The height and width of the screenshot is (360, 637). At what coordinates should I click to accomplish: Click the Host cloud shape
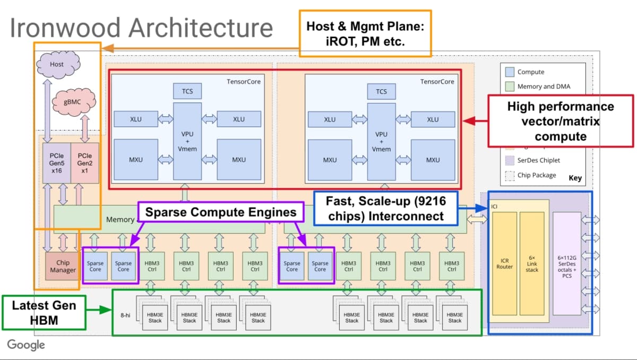pos(57,64)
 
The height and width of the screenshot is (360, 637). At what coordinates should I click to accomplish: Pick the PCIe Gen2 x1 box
pos(85,162)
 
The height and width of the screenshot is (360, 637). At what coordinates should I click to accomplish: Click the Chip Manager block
pos(63,266)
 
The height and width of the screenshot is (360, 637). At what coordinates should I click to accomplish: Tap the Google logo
pos(26,345)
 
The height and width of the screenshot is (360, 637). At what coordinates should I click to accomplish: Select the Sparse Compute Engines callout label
pos(220,212)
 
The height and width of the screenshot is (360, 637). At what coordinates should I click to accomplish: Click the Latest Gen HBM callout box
pos(44,312)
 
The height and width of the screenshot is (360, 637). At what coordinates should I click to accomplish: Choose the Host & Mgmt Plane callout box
pos(365,33)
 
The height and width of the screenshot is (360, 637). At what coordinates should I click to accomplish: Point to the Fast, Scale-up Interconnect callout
pos(385,209)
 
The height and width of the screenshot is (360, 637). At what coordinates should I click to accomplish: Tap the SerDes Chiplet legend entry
pos(538,160)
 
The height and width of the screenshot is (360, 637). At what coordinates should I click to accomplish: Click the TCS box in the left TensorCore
pos(187,91)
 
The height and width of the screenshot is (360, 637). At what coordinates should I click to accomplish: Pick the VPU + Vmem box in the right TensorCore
pos(382,142)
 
